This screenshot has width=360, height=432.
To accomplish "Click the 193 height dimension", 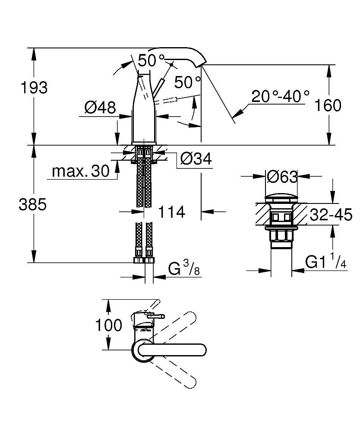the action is click(x=34, y=88).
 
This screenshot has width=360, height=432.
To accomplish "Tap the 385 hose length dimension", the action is click(x=32, y=205).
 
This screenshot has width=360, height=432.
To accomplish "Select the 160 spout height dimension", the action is click(x=328, y=105).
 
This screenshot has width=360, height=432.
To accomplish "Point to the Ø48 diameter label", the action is click(x=100, y=107).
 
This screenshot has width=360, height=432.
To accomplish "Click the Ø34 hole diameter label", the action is click(x=196, y=159).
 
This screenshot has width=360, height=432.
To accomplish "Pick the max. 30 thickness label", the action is click(x=81, y=171).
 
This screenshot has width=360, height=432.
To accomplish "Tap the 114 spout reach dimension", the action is click(x=171, y=212).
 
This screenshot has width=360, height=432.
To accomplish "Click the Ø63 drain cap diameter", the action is click(x=282, y=177).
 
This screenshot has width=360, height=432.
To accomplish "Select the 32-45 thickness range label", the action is click(x=331, y=215).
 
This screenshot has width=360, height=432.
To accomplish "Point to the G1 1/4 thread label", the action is click(x=325, y=261).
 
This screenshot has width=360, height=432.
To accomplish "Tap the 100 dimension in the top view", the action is click(x=108, y=325).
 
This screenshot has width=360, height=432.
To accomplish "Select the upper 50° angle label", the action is click(x=152, y=60).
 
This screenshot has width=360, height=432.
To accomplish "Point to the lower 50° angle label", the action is click(x=188, y=82).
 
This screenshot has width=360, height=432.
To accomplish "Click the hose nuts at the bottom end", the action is click(x=144, y=260).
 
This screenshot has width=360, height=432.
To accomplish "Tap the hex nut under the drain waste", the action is click(x=281, y=236).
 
